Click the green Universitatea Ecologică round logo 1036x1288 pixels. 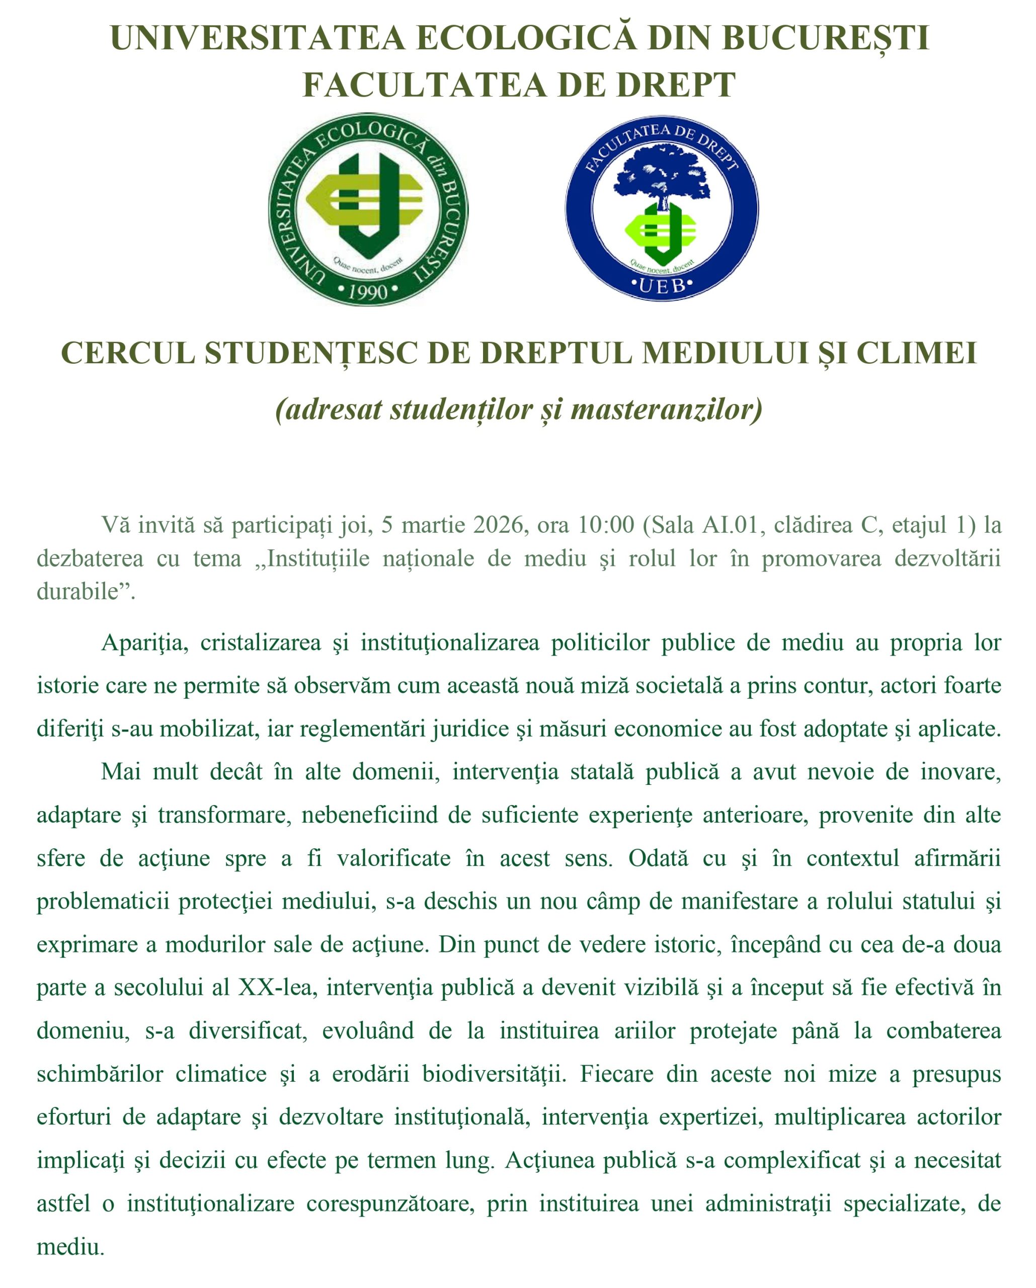[368, 209]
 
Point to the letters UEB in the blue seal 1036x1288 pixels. [662, 286]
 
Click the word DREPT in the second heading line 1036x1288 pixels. [675, 85]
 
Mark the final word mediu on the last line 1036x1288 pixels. [69, 1246]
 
